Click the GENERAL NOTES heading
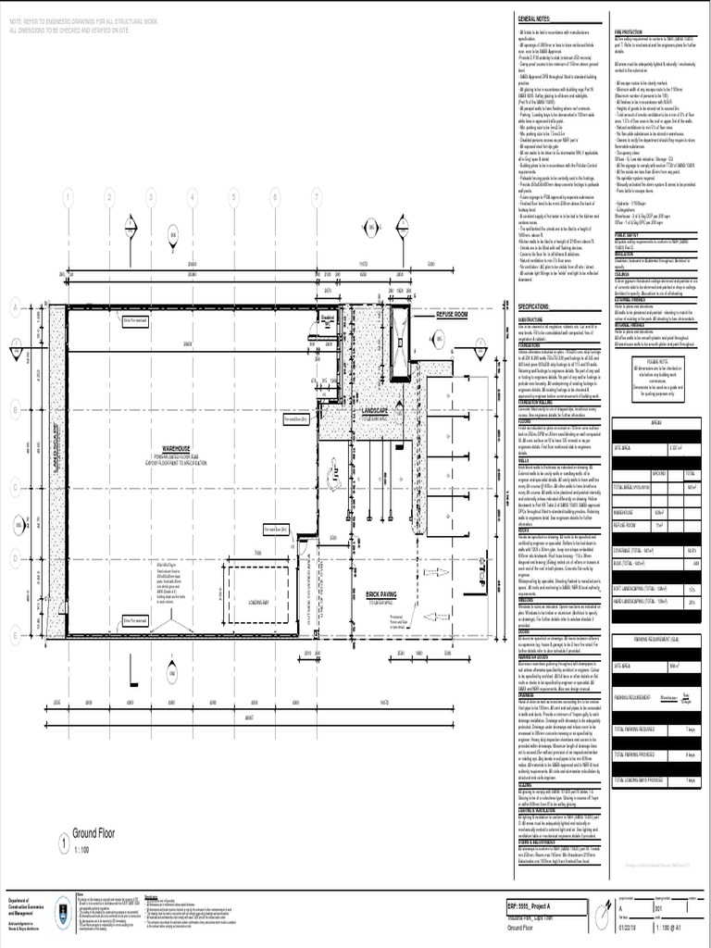(536, 19)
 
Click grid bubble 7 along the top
(317, 197)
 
